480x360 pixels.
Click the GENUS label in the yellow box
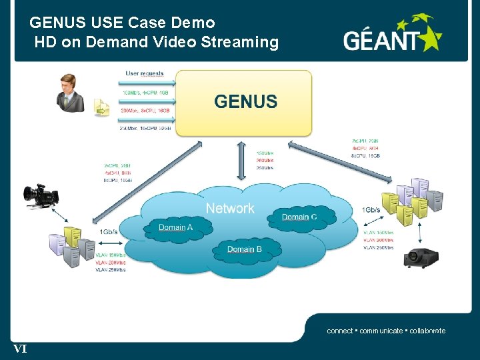point(245,101)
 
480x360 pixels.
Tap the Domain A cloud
point(176,228)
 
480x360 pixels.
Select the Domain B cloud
point(244,249)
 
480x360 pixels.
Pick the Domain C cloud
point(299,217)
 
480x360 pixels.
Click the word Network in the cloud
point(230,208)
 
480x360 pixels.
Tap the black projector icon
point(421,257)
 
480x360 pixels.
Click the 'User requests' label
point(145,73)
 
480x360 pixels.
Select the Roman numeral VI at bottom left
point(20,348)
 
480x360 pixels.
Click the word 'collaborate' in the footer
point(427,331)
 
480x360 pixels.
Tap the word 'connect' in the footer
point(339,331)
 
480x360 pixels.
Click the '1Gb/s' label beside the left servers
point(109,231)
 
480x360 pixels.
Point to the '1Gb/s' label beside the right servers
point(371,210)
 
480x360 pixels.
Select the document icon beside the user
point(101,107)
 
